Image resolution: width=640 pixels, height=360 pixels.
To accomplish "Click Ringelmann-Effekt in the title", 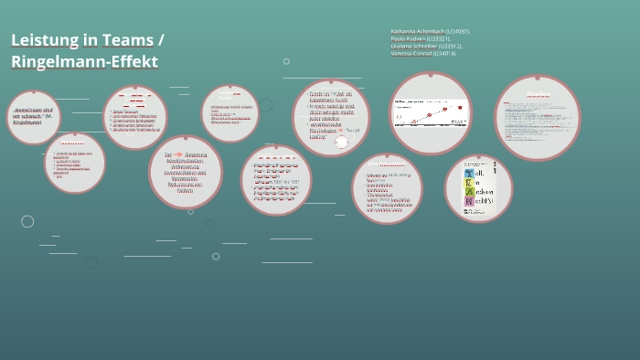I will pos(84,62).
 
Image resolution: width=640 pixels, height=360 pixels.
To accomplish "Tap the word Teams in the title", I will pos(129,40).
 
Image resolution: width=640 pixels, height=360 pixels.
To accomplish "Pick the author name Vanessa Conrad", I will pos(411,53).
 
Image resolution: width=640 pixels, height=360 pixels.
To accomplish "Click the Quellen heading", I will pos(538,94).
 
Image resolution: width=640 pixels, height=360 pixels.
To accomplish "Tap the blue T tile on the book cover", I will pos(469,173).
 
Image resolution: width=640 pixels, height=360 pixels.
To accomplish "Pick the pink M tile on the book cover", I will pos(469,201).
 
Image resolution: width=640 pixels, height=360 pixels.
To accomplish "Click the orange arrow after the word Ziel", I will pos(178,154).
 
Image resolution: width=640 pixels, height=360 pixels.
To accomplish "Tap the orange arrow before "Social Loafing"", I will pos(340,130).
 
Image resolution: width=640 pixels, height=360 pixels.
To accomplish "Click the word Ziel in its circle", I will pos(168,154).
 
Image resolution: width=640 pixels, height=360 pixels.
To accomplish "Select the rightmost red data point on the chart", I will pos(460,107).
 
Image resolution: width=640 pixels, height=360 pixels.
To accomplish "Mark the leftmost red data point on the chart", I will pos(413,122).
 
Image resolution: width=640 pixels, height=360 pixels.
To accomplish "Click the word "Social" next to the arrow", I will pos(352,130).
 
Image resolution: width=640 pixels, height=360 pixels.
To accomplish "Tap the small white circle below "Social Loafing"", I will pos(341,142).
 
